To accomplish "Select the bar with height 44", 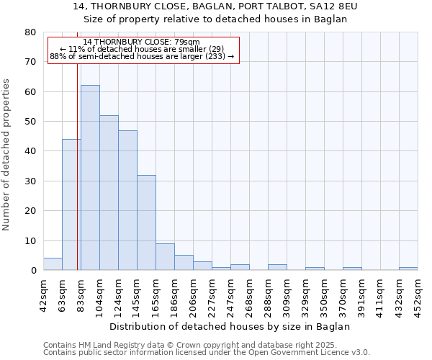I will click(x=71, y=204).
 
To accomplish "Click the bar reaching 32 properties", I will click(x=146, y=222).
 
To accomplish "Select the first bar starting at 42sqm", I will click(x=53, y=264).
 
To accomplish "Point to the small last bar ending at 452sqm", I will click(x=408, y=269).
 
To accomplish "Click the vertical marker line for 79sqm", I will click(x=77, y=166).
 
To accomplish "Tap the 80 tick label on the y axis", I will click(x=30, y=32).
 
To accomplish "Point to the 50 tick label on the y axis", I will click(x=30, y=122).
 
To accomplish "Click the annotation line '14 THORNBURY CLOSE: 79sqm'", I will click(x=142, y=42).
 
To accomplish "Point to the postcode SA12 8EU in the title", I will click(x=331, y=6).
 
